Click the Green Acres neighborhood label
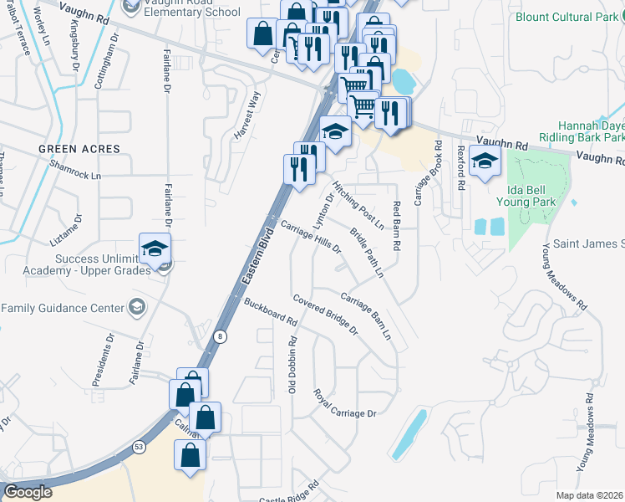point(79,149)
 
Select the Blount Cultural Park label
point(568,17)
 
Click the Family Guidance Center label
point(63,308)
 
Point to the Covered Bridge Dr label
point(325,315)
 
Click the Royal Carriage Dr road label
point(345,403)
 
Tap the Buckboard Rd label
point(271,311)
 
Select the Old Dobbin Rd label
point(292,366)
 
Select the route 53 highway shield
point(138,448)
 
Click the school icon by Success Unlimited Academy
point(155,248)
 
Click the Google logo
point(28,492)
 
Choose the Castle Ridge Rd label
point(289,496)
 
